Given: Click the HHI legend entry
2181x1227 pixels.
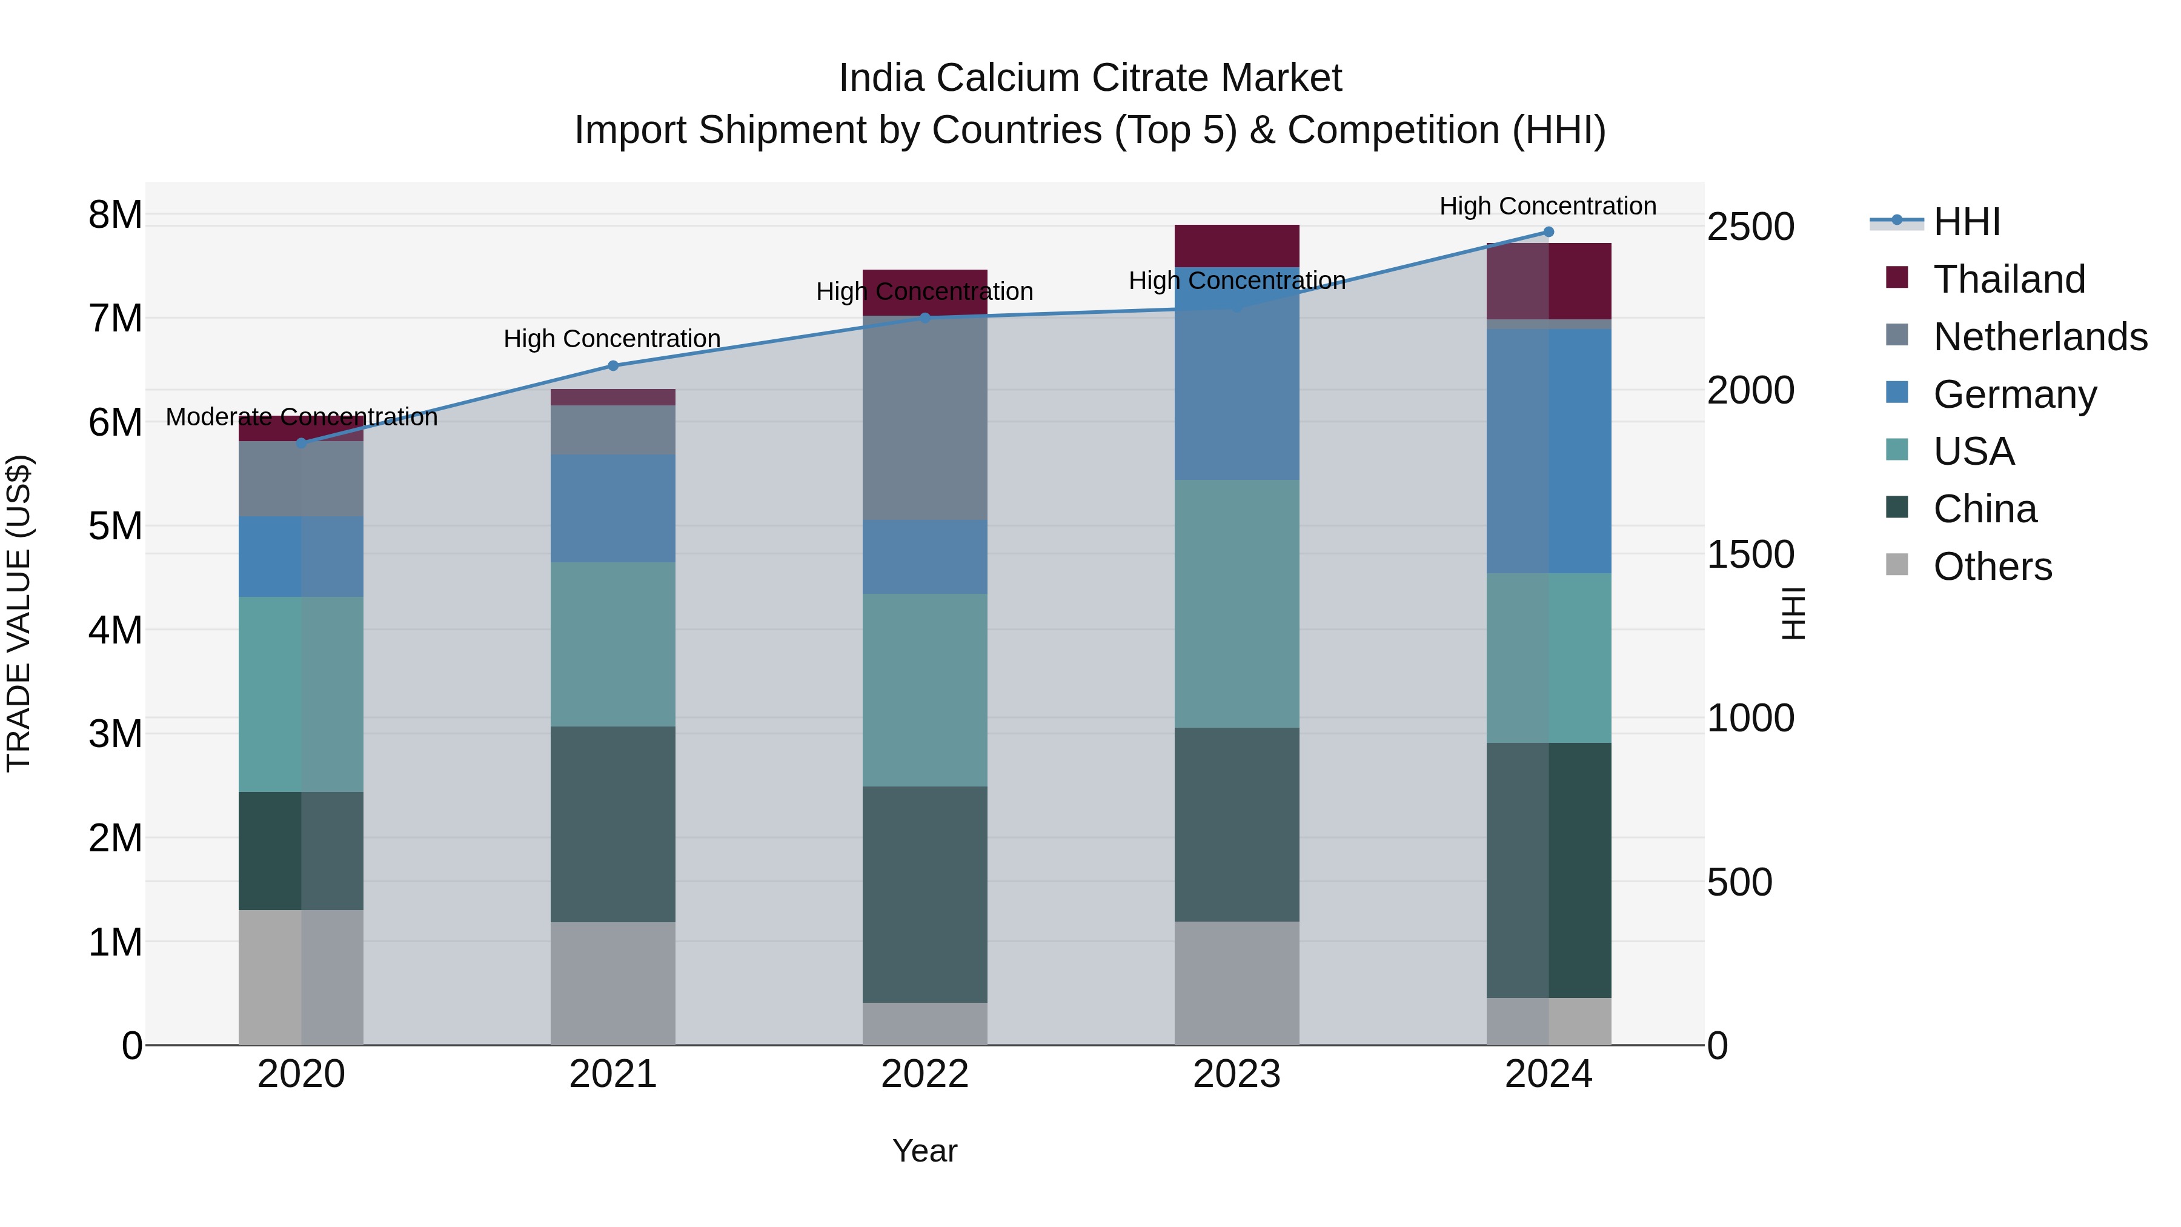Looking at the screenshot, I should [x=1966, y=222].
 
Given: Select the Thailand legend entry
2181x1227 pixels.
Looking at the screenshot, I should [x=2008, y=279].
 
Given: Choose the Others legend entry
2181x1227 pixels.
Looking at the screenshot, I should [x=1992, y=567].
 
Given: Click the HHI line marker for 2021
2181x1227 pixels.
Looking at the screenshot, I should [x=613, y=366].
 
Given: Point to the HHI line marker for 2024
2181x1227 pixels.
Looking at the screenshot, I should [x=1549, y=232].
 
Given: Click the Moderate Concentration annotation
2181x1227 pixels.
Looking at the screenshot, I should [x=302, y=417].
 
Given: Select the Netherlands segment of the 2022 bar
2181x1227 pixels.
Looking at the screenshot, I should [x=925, y=417].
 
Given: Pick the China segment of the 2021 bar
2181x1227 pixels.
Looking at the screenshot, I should [x=613, y=824].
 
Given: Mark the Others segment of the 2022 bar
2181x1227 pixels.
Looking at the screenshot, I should [x=925, y=1024].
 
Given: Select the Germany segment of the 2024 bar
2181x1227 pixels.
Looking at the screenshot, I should [x=1549, y=451].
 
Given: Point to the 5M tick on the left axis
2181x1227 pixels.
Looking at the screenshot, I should [x=115, y=527].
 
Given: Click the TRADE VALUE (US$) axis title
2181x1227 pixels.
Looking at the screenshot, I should [x=19, y=613].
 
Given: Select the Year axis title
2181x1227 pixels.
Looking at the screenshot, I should [x=925, y=1152].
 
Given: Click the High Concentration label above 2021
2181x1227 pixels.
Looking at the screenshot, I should [x=611, y=339].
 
